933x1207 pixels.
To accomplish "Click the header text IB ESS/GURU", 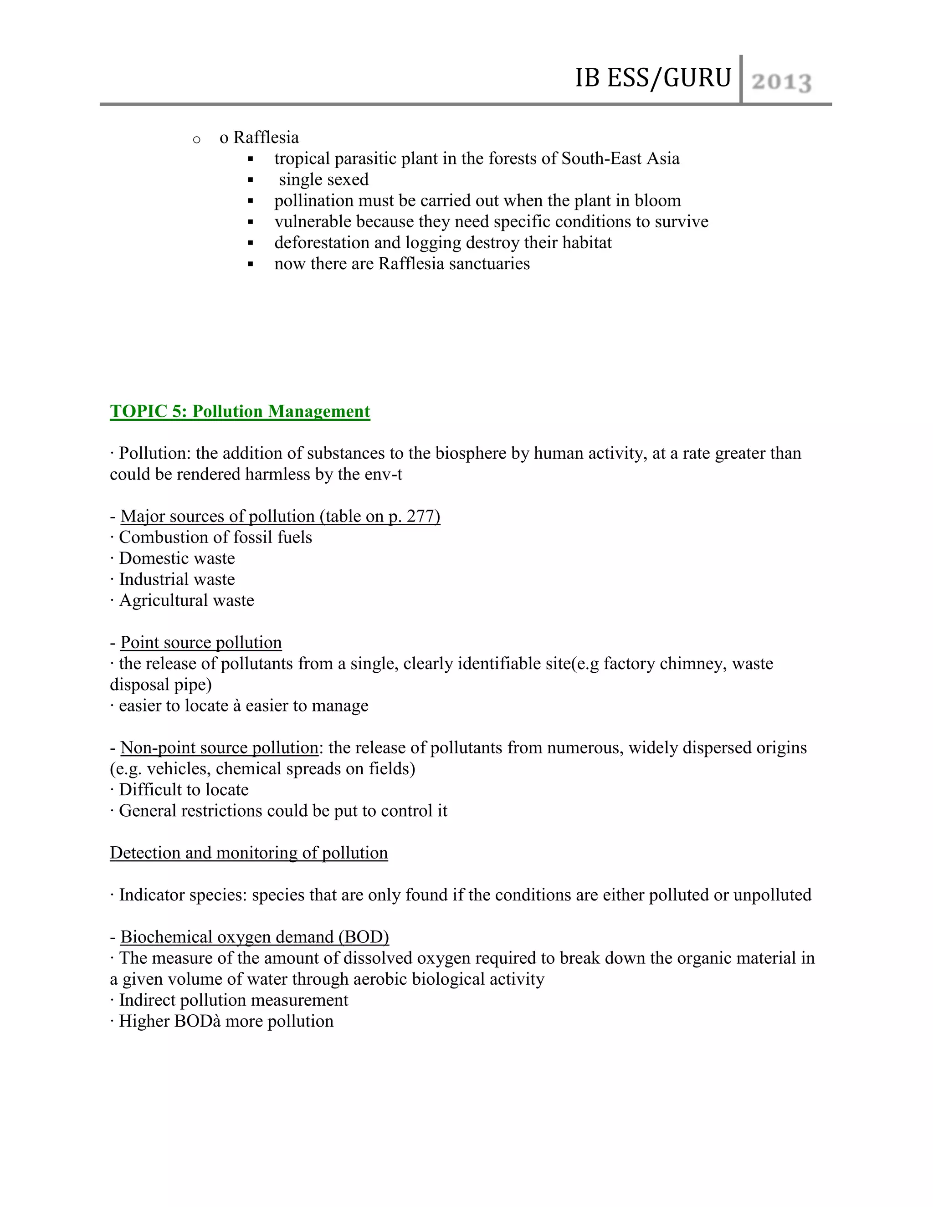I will tap(653, 78).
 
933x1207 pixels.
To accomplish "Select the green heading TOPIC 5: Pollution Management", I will tap(240, 411).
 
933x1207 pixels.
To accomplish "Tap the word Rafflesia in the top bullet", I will tap(266, 137).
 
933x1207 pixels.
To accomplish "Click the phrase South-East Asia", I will tap(620, 159).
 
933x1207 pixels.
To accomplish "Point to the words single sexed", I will tap(323, 179).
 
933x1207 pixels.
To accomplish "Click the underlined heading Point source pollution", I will tap(201, 642).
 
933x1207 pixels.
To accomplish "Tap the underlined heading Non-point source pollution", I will tap(219, 748).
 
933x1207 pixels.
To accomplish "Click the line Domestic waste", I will tap(176, 558).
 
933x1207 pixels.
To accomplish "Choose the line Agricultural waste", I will tap(186, 600).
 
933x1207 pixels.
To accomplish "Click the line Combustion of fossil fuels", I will tap(215, 537).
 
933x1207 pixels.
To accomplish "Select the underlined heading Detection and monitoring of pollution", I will tap(249, 853).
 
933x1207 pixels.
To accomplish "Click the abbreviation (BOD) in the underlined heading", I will tap(364, 937).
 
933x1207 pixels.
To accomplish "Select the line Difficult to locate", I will tap(184, 790).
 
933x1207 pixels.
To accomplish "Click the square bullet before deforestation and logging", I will tap(251, 243).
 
